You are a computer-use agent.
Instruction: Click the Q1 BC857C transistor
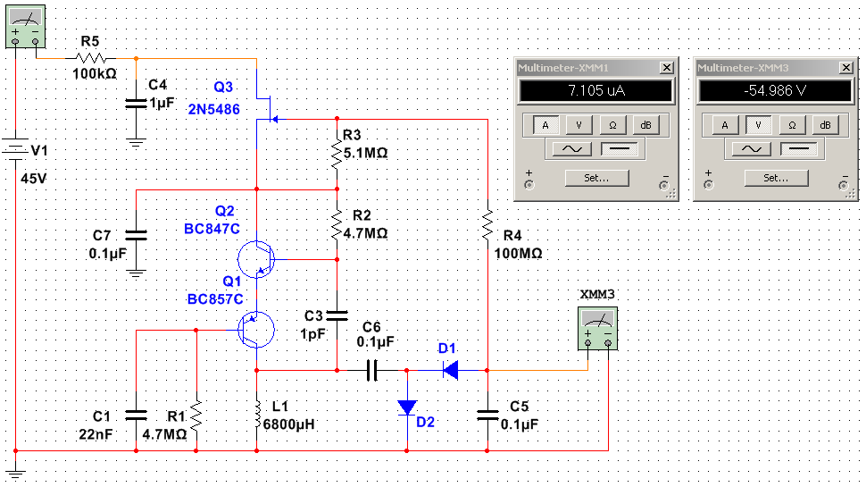pos(257,330)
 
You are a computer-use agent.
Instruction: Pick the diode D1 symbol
pos(450,368)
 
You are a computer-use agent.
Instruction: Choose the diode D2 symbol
pos(407,407)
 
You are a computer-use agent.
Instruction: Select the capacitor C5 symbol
pos(487,413)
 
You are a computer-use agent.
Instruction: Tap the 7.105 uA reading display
pos(595,90)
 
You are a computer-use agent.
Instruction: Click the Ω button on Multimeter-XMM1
pos(612,125)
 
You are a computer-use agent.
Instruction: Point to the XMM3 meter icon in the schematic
pos(598,323)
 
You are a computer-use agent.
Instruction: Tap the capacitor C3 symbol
pos(337,315)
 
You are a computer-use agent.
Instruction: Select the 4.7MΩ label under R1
pos(164,435)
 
